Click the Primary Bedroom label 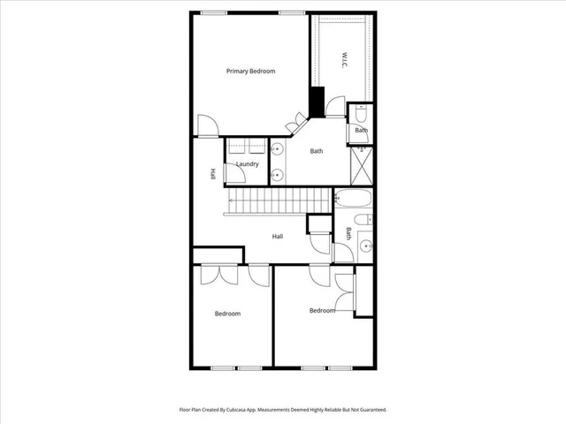(250, 72)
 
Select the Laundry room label (247, 164)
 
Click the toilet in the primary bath (361, 116)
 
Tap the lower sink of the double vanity (276, 174)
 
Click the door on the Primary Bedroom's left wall (206, 126)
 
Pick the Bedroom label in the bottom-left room (227, 314)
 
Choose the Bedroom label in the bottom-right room (322, 310)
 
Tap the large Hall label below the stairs (278, 236)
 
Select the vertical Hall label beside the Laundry (213, 174)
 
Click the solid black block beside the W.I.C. (317, 98)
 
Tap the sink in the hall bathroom (364, 246)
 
